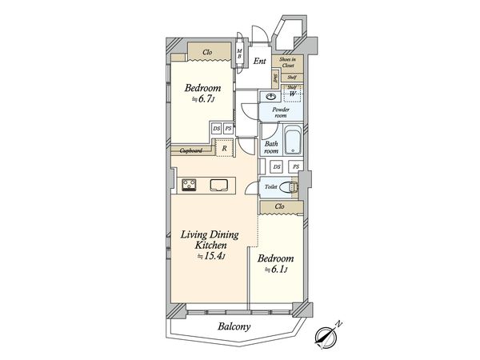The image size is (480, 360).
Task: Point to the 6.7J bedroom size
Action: pyautogui.click(x=201, y=99)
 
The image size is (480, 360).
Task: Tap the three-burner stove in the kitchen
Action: pyautogui.click(x=190, y=185)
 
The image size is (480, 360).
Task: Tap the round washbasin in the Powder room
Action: pyautogui.click(x=270, y=94)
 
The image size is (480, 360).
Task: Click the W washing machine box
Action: pyautogui.click(x=294, y=94)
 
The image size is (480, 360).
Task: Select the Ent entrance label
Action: pyautogui.click(x=260, y=61)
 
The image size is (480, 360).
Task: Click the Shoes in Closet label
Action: pyautogui.click(x=286, y=63)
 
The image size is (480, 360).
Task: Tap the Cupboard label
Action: pyautogui.click(x=190, y=150)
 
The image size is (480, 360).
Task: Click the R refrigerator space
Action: pyautogui.click(x=226, y=148)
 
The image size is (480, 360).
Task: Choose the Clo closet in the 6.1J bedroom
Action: pyautogui.click(x=279, y=206)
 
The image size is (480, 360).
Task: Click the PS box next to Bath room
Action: pyautogui.click(x=296, y=166)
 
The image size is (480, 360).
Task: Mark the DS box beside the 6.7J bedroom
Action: pyautogui.click(x=216, y=128)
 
